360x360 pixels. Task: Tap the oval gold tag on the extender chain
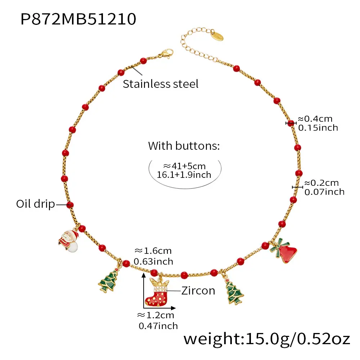[217, 35]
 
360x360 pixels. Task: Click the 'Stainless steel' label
[161, 84]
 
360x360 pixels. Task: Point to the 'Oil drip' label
[36, 204]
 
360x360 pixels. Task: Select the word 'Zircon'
[198, 291]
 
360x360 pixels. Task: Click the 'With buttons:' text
[184, 146]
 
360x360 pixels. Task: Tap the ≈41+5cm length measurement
[184, 166]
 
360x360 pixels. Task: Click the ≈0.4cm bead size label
[315, 119]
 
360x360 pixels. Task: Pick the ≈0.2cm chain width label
[321, 183]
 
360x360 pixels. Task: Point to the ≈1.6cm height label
[153, 251]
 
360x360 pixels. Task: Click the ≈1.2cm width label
[156, 315]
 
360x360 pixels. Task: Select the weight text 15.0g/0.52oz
[298, 339]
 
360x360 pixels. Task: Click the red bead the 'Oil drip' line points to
[70, 204]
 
